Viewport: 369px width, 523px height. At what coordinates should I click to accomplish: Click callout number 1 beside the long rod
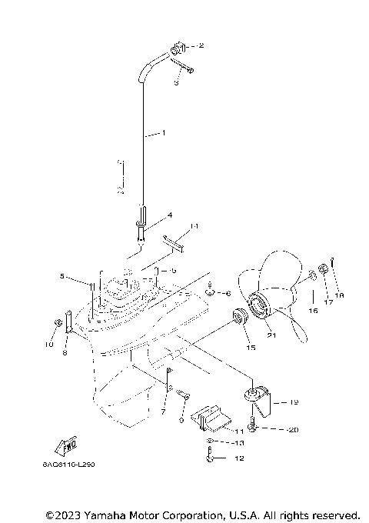(x=162, y=133)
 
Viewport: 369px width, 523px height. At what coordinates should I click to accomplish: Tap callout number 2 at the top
(x=201, y=45)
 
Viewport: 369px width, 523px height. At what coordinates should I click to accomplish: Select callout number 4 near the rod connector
(x=169, y=215)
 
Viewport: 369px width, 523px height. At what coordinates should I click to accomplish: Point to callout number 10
(x=49, y=346)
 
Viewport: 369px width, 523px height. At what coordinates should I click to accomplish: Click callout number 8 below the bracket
(x=65, y=352)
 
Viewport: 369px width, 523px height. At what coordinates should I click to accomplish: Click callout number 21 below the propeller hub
(x=271, y=335)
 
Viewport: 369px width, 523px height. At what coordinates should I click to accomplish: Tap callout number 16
(x=313, y=310)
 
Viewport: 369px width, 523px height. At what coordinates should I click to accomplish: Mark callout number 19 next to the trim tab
(x=294, y=401)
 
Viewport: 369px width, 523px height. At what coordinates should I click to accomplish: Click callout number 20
(x=294, y=430)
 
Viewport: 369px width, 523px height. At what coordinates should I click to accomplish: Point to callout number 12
(x=239, y=458)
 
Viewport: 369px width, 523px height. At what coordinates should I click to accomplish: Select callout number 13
(x=238, y=443)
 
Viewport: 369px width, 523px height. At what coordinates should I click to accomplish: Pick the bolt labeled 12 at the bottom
(x=211, y=458)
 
